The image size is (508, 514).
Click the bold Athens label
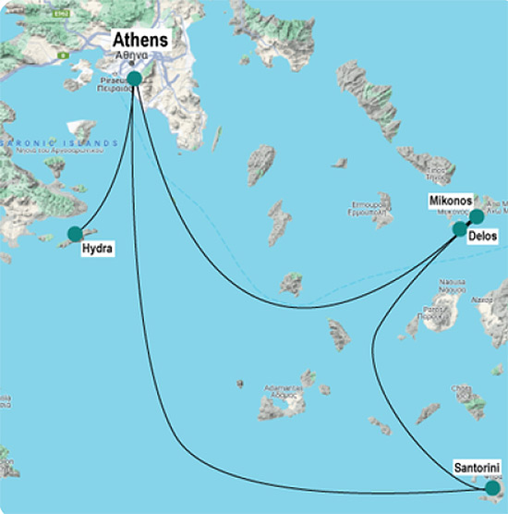coord(140,40)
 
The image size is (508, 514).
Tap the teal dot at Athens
coord(135,79)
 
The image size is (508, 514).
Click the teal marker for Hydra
coord(76,235)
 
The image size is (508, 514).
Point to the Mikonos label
coord(451,201)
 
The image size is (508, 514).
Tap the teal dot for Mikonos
coord(476,216)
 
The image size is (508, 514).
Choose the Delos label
coord(484,237)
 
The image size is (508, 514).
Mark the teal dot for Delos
coord(461,228)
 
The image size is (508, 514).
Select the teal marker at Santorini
coord(492,487)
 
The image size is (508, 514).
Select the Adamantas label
coord(284,390)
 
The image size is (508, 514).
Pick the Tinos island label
coord(437,173)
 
